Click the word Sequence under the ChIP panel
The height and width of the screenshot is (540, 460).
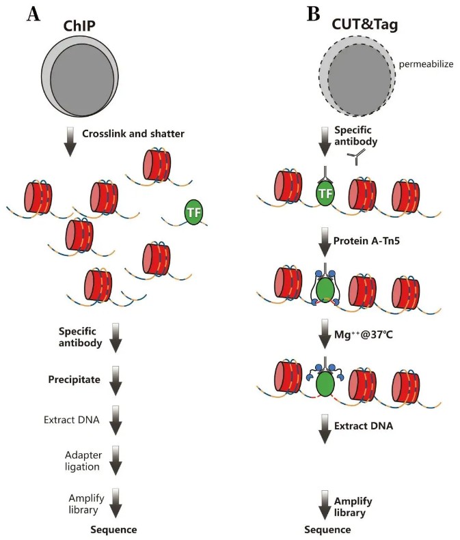115,529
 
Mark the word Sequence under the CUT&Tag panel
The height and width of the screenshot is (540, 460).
328,529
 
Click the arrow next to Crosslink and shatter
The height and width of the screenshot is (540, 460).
69,141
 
